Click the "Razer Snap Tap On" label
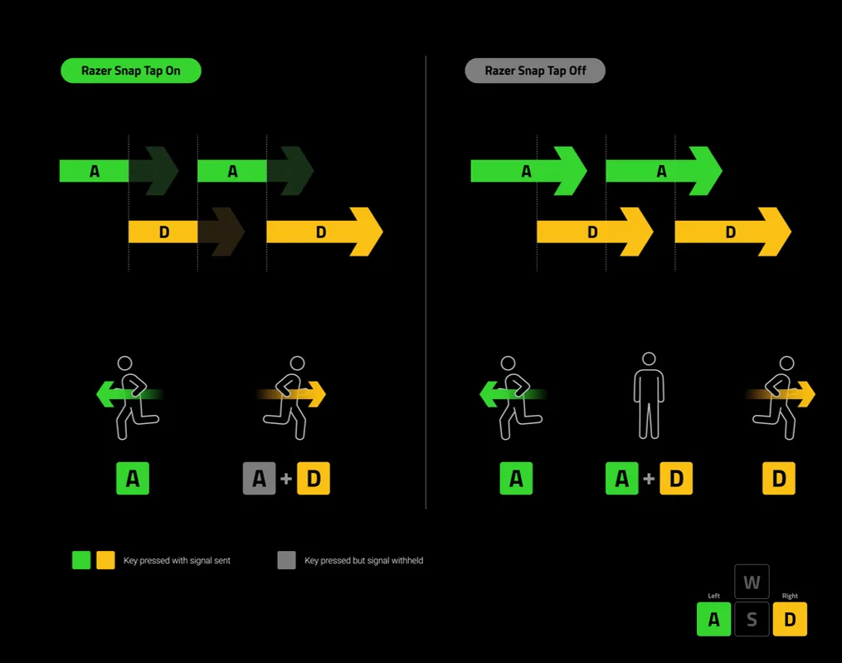[x=131, y=71]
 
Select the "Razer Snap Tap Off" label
[x=535, y=71]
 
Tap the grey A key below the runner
[x=259, y=479]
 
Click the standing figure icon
[x=649, y=396]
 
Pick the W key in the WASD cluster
[x=752, y=582]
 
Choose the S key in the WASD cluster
[x=752, y=619]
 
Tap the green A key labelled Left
[x=713, y=619]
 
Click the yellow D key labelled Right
[x=790, y=619]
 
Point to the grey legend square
[x=286, y=560]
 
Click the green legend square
[x=81, y=560]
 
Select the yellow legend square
[x=105, y=560]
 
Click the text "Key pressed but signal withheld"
[x=363, y=561]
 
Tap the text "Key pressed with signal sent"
[x=177, y=561]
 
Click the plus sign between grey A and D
[x=286, y=479]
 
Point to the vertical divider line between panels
[x=426, y=282]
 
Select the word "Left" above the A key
[x=713, y=596]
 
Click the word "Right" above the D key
[x=790, y=596]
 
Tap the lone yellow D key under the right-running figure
[x=779, y=479]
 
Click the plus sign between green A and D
[x=649, y=479]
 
